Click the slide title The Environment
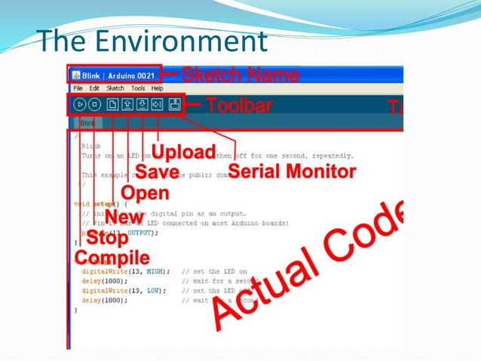152,41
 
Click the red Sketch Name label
240,76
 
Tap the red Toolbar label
239,105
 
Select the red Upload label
185,151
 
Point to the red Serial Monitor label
291,171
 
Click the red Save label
157,172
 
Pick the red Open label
145,193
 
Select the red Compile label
112,258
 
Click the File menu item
78,88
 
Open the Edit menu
94,88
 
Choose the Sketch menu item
115,88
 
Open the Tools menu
138,88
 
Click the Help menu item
157,88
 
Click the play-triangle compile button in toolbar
79,105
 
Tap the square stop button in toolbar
94,105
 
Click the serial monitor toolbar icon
174,105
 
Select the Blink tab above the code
87,122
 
